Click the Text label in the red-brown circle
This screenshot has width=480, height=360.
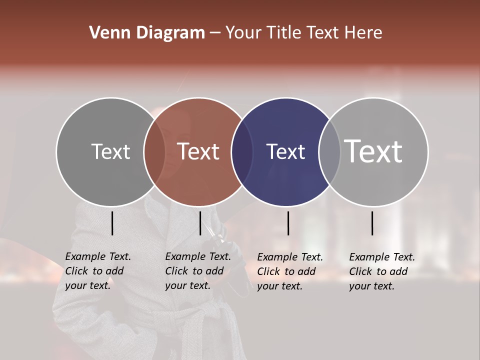pyautogui.click(x=198, y=151)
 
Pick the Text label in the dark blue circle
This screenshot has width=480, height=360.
pyautogui.click(x=285, y=152)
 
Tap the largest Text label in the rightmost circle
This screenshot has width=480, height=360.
pyautogui.click(x=373, y=151)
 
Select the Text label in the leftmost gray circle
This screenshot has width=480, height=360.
pyautogui.click(x=111, y=151)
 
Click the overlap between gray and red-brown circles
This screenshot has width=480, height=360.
pyautogui.click(x=154, y=152)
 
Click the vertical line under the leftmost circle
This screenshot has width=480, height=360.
pyautogui.click(x=112, y=223)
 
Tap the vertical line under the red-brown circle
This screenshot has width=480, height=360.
pyautogui.click(x=200, y=223)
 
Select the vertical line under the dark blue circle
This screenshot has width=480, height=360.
pyautogui.click(x=288, y=223)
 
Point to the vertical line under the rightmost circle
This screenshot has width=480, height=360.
pyautogui.click(x=372, y=223)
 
